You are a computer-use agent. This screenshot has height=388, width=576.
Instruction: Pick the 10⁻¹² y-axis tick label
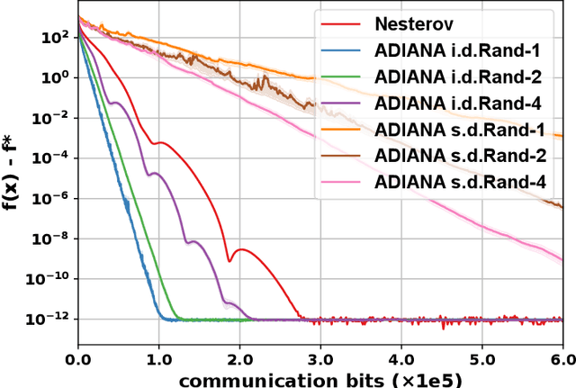click(x=50, y=319)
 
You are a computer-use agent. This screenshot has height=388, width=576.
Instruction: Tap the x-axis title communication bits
click(x=320, y=378)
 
